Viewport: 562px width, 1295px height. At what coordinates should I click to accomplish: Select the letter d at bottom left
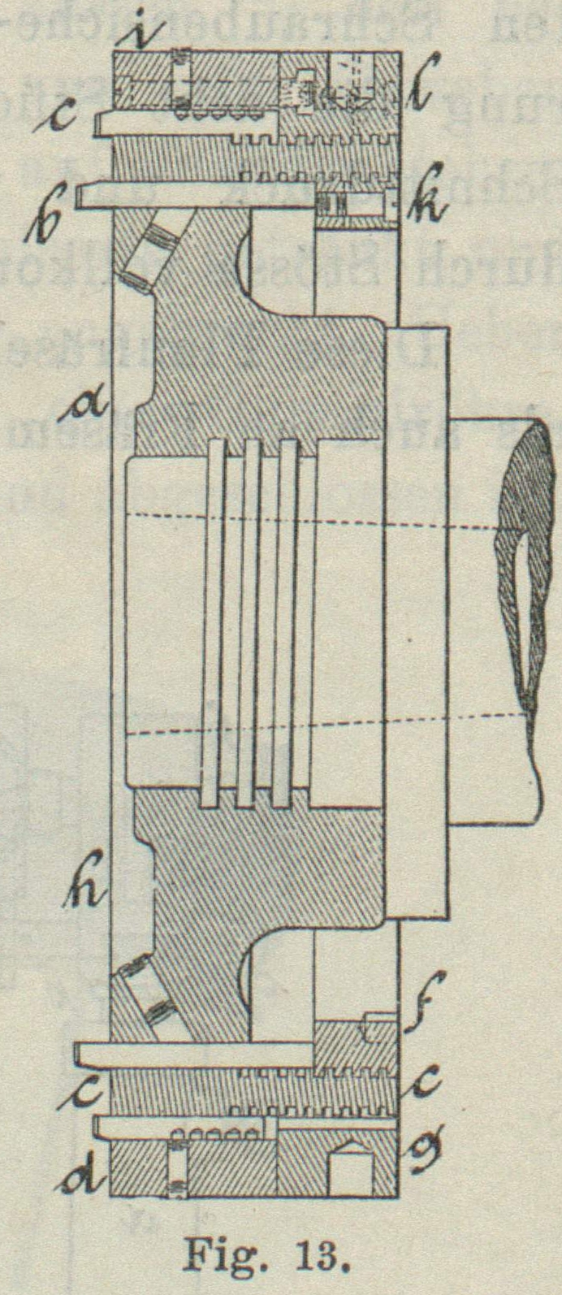84,1172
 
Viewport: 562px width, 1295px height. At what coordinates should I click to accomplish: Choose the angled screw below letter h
146,996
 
